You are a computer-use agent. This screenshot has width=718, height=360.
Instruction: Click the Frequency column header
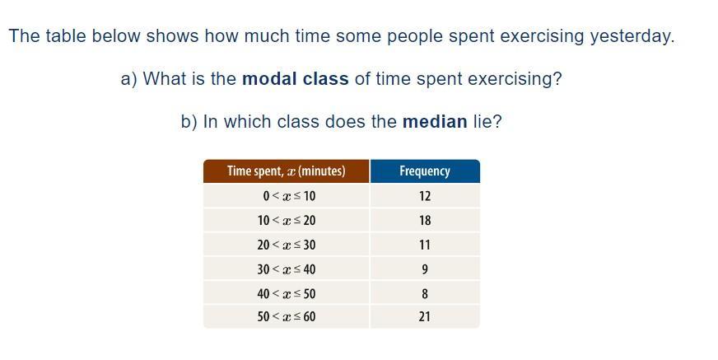point(425,171)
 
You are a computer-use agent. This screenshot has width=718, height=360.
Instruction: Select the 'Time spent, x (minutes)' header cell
point(287,171)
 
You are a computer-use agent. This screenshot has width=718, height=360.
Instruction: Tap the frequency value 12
point(425,196)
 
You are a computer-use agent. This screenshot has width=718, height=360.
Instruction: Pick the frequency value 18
point(425,220)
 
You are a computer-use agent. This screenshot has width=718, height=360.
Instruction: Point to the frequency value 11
point(425,245)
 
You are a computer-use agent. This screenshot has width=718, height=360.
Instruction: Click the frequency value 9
point(425,269)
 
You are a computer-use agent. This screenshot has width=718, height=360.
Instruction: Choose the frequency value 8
point(425,293)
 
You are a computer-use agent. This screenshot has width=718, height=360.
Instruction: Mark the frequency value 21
point(425,316)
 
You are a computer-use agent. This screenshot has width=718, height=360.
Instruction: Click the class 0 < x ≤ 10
point(289,196)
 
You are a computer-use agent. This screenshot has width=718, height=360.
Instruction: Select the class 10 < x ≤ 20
point(287,220)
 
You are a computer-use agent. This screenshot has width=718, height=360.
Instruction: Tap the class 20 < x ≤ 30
point(287,245)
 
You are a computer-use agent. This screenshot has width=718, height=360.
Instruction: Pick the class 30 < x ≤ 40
point(287,269)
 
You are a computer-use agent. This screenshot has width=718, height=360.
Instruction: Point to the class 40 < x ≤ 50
point(287,293)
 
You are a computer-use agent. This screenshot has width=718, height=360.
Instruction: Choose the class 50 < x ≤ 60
point(287,316)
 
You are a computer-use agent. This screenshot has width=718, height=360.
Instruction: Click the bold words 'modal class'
point(296,79)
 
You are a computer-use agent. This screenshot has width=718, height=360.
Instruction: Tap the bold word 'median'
point(435,121)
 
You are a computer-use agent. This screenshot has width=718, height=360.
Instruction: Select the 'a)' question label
point(129,79)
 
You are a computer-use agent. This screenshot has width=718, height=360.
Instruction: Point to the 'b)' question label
point(189,122)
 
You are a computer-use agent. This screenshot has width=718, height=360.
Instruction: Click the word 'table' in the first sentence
point(66,35)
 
